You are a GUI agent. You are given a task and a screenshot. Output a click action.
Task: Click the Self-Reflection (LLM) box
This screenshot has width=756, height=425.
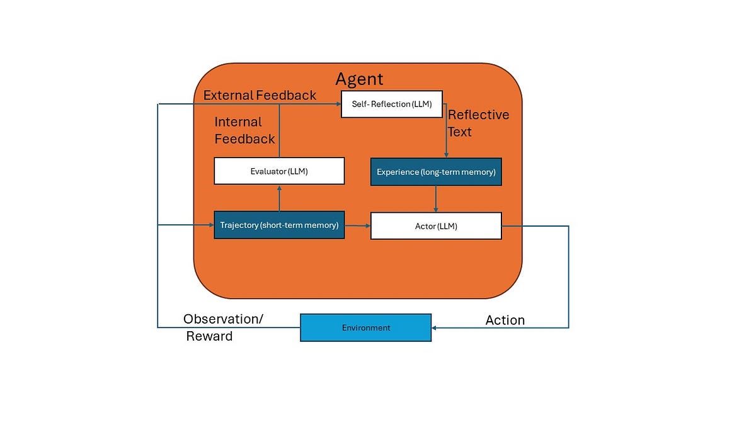coord(391,104)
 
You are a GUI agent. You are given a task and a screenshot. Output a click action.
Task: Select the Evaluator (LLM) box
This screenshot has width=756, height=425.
coord(279,171)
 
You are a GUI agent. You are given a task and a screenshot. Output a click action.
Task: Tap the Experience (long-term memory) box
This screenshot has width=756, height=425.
coord(436,172)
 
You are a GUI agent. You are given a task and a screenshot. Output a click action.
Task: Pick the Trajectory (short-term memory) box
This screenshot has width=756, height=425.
coord(279,225)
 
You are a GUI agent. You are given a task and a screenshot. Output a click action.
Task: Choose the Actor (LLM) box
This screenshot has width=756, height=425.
coord(436,226)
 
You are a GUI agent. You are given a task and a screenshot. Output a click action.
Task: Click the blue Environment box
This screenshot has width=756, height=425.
coord(365,327)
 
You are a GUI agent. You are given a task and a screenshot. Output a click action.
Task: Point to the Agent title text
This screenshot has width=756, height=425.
coord(359,79)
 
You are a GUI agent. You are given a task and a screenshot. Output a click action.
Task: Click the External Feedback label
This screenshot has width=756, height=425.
coord(260,96)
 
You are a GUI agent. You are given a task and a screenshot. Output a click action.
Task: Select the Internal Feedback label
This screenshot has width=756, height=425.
coord(244,130)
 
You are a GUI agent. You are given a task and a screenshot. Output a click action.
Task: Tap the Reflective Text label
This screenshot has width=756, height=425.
coord(478,123)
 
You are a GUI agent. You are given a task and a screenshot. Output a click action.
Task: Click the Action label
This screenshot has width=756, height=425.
coord(505,320)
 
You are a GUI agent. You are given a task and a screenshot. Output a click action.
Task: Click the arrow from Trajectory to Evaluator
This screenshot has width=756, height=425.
coord(279,198)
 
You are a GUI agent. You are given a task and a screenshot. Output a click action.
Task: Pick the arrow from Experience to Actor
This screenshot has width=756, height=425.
coord(436,199)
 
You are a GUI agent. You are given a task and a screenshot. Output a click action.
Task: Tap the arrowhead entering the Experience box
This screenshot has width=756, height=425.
coord(447,155)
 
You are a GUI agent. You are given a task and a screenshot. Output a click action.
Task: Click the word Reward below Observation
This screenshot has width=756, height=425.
coord(209,336)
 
